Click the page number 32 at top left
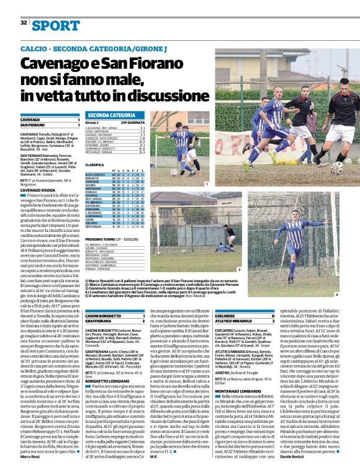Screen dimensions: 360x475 [24, 23]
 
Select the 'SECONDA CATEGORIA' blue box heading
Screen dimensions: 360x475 [111, 115]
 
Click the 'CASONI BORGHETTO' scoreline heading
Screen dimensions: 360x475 [104, 316]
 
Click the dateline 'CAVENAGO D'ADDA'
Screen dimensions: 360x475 [38, 190]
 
